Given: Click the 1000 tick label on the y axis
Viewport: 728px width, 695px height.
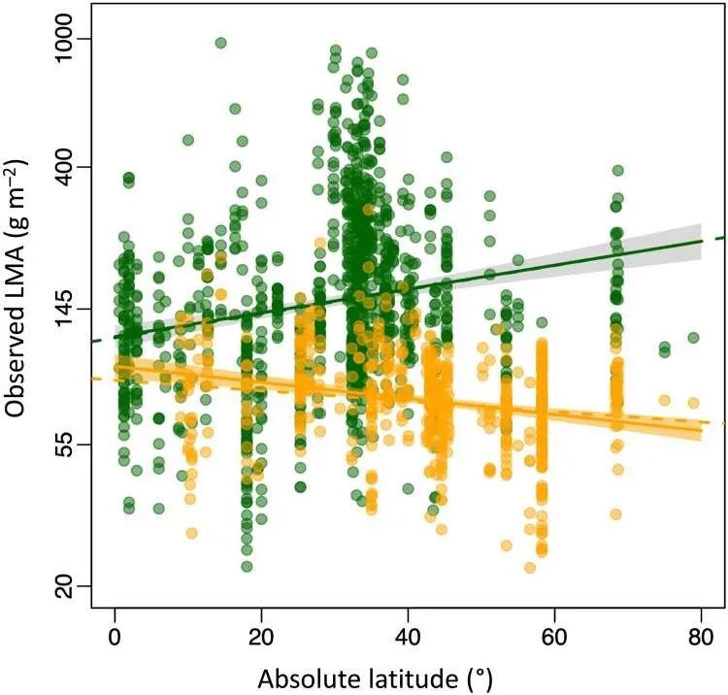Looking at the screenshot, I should (x=71, y=40).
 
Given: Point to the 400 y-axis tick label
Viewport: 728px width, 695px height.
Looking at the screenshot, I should (x=71, y=167).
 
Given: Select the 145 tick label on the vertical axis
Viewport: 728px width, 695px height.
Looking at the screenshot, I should (x=71, y=310).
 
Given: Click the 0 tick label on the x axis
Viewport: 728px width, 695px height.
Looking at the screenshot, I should (x=115, y=639).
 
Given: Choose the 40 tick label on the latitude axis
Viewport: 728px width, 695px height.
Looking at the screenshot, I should (x=408, y=639).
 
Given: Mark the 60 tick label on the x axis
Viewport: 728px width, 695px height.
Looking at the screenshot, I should (x=554, y=639).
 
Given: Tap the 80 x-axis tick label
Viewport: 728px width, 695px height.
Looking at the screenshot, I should (x=700, y=639).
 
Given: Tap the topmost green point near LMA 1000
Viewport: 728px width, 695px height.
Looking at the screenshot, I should (x=220, y=43).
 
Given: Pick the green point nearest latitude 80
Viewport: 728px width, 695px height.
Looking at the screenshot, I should (x=693, y=338).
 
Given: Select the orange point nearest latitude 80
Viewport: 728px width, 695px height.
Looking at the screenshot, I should (x=692, y=403).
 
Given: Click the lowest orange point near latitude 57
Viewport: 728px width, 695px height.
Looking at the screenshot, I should (x=530, y=568).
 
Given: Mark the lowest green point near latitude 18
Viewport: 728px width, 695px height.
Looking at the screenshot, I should (x=247, y=566).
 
